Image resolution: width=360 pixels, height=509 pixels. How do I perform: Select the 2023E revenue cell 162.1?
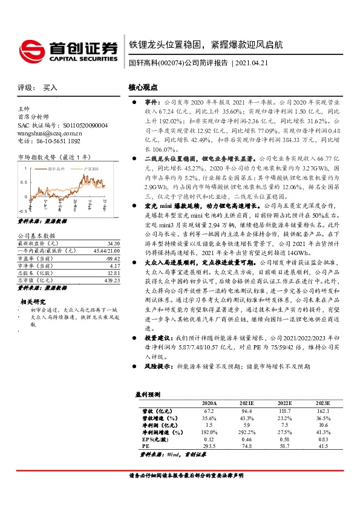tap(323, 410)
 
